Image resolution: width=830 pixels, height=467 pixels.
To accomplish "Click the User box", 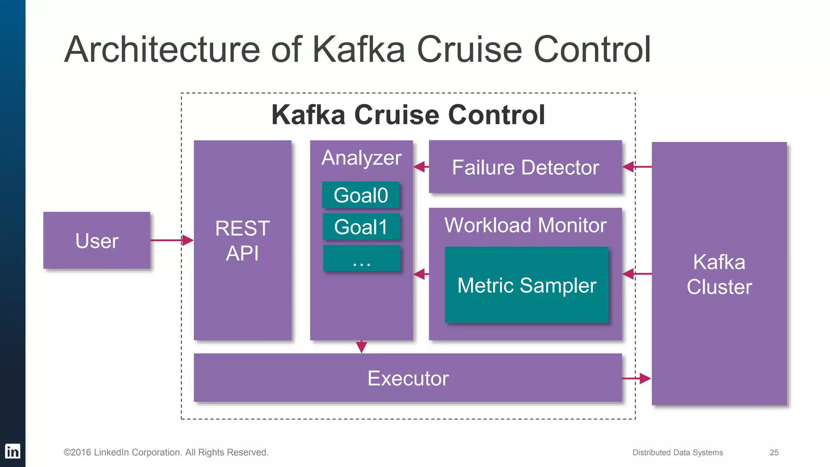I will tap(96, 240).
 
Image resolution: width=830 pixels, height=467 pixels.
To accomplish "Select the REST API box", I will tap(242, 240).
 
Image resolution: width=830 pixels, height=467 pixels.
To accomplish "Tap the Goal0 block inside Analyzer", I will tap(361, 195).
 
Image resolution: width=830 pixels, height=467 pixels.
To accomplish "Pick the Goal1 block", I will tap(361, 227).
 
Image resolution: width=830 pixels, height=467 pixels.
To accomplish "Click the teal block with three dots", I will tap(362, 258).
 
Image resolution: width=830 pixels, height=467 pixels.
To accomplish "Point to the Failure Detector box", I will tap(525, 167).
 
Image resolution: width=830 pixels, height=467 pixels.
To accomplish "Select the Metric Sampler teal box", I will tap(526, 285).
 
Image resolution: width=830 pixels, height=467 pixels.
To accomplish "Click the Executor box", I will tap(408, 378).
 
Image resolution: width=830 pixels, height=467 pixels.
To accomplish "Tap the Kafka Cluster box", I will tap(719, 274).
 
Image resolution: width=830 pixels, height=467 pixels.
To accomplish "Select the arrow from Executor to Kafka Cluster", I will tap(637, 379).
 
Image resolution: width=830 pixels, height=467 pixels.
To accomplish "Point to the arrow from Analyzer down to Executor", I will tap(362, 347).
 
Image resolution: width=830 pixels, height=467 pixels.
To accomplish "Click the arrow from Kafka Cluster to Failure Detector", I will tap(637, 167).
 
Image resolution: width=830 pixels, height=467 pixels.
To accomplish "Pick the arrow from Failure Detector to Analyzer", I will tap(421, 167).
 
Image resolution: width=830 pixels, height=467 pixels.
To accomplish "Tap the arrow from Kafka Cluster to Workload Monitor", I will tap(637, 274).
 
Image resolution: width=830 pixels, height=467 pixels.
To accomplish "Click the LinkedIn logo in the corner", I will tap(13, 451).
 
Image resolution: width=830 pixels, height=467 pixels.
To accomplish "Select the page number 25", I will tap(774, 452).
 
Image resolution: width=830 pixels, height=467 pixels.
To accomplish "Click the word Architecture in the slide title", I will tap(162, 49).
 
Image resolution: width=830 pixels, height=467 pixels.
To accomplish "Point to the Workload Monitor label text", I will tap(525, 225).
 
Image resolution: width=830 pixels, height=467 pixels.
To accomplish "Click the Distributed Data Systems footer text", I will tap(677, 452).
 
